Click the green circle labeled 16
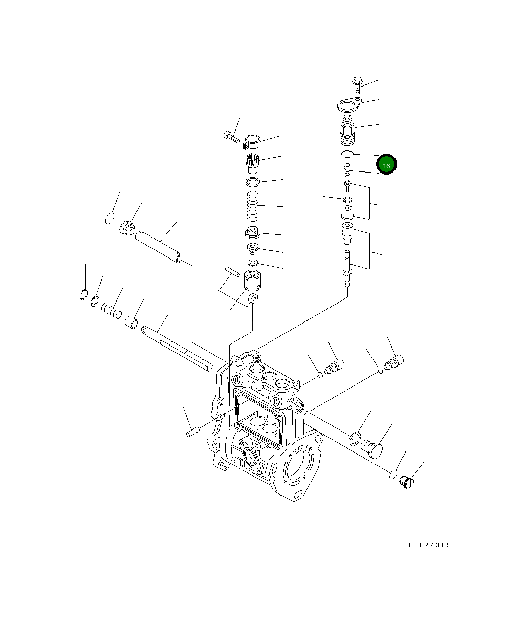pyautogui.click(x=386, y=165)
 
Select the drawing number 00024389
pyautogui.click(x=429, y=545)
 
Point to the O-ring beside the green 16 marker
pyautogui.click(x=347, y=154)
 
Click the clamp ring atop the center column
pyautogui.click(x=253, y=141)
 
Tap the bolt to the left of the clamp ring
pyautogui.click(x=231, y=137)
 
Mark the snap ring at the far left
pyautogui.click(x=84, y=295)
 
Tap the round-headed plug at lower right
pyautogui.click(x=372, y=448)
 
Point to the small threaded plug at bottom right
pyautogui.click(x=407, y=482)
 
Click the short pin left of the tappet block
pyautogui.click(x=232, y=271)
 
